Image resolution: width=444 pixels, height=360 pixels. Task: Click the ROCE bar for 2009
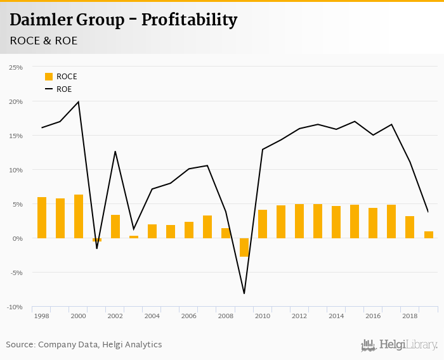[244, 247]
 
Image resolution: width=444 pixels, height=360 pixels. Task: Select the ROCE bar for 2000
[79, 216]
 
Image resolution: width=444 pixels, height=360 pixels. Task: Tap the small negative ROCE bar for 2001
[97, 240]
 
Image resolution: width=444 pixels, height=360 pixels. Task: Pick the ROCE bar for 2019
[429, 235]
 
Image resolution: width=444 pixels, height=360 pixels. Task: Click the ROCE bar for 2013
[318, 221]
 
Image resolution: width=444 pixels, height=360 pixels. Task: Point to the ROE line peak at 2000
[79, 101]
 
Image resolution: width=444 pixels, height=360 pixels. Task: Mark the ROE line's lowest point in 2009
[244, 293]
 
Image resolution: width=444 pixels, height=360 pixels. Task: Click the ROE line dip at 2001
[97, 248]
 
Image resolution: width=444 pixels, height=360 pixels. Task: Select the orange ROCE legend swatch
[49, 77]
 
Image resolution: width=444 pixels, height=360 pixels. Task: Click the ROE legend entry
[63, 89]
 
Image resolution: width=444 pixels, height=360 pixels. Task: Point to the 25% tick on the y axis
[15, 67]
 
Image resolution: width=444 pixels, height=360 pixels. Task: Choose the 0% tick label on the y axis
[17, 238]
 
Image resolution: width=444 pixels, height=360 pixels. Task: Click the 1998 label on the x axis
[42, 316]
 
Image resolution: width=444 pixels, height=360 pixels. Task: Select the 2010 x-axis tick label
[263, 316]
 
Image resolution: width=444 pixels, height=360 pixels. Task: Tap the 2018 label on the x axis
[410, 316]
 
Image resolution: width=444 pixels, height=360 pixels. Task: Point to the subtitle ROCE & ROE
[44, 41]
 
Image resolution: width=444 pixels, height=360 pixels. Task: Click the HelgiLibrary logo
[400, 345]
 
